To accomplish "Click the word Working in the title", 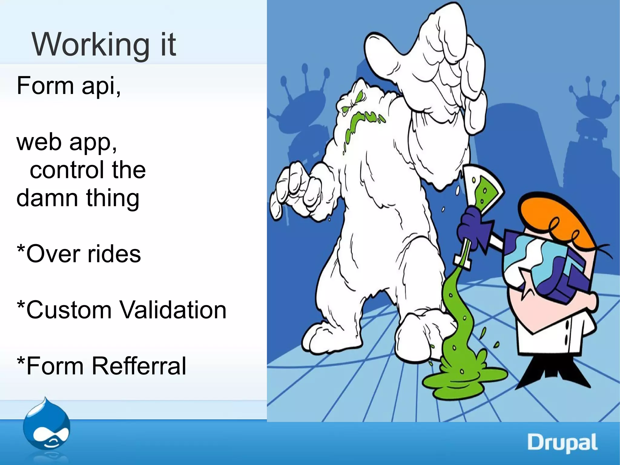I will click(x=90, y=45).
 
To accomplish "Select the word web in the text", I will click(x=39, y=142).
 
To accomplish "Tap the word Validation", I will click(x=173, y=310).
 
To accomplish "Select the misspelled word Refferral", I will click(x=139, y=366).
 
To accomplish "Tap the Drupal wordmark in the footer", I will click(x=562, y=443).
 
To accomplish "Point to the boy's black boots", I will click(x=554, y=373).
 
